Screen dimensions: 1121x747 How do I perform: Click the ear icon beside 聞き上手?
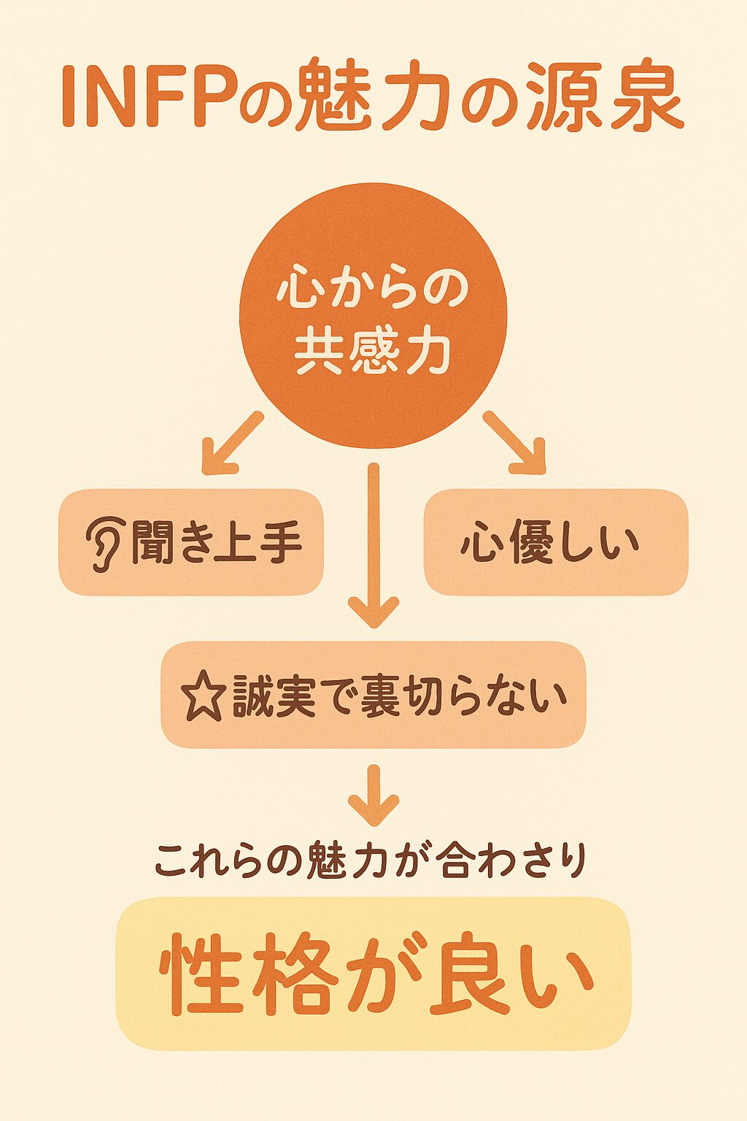coord(104,543)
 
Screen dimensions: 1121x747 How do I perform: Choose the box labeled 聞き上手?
coord(191,542)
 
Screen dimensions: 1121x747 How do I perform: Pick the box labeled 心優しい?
coord(556,542)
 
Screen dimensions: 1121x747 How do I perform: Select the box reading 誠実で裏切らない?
coord(373,695)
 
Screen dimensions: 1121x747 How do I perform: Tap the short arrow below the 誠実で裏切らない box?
coord(373,796)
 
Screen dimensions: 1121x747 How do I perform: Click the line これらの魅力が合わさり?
coord(371,861)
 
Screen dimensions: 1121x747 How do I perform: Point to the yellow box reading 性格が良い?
coord(373,974)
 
